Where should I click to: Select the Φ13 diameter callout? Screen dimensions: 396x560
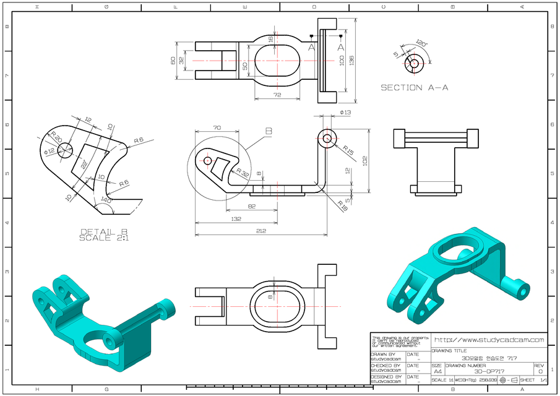tap(345, 113)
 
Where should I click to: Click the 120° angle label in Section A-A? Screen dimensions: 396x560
tap(421, 43)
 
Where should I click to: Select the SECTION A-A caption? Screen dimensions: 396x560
tap(414, 88)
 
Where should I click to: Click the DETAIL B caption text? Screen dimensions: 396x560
tap(103, 232)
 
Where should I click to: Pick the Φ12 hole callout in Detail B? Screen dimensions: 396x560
tap(48, 150)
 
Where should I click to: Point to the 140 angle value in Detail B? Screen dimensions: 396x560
tap(106, 200)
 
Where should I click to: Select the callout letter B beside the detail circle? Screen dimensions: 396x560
tap(268, 131)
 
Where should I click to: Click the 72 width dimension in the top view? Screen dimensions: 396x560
tap(277, 95)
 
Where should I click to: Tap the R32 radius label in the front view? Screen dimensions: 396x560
tap(242, 173)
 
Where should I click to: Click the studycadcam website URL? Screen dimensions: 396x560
tap(489, 340)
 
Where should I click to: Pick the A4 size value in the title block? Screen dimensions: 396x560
tap(437, 372)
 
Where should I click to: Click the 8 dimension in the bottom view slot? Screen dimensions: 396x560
tap(270, 297)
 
